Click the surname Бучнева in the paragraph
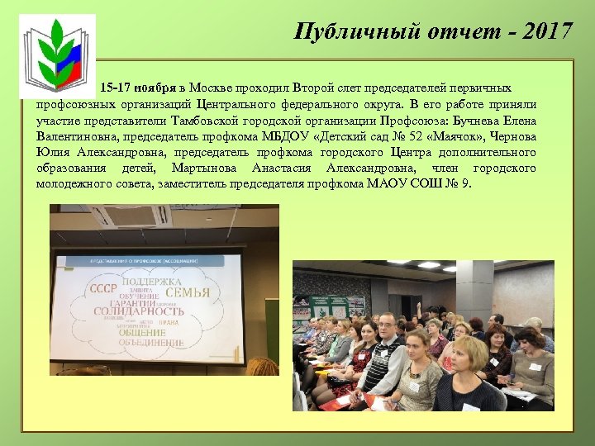pyautogui.click(x=471, y=120)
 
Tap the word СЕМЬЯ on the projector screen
pyautogui.click(x=188, y=292)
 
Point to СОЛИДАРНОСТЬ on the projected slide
pyautogui.click(x=139, y=312)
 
